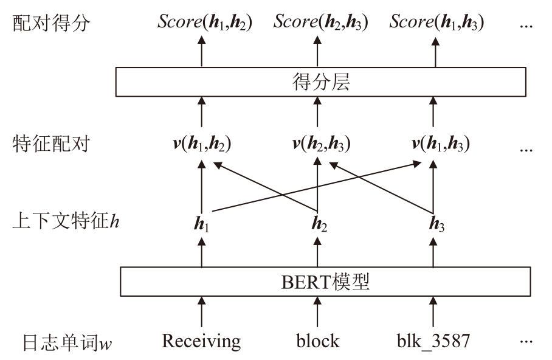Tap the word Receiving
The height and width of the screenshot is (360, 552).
tap(201, 341)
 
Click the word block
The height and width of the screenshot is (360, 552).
tap(317, 341)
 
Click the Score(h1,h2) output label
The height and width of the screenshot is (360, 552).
tap(205, 22)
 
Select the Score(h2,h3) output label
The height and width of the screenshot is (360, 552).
tap(320, 22)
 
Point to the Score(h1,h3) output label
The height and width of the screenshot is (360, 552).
tap(437, 22)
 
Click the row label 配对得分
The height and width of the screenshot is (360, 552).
tap(51, 23)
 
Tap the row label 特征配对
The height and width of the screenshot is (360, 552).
tap(51, 144)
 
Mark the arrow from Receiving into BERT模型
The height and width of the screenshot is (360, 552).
tap(201, 312)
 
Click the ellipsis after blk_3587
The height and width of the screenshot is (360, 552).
tap(526, 342)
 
